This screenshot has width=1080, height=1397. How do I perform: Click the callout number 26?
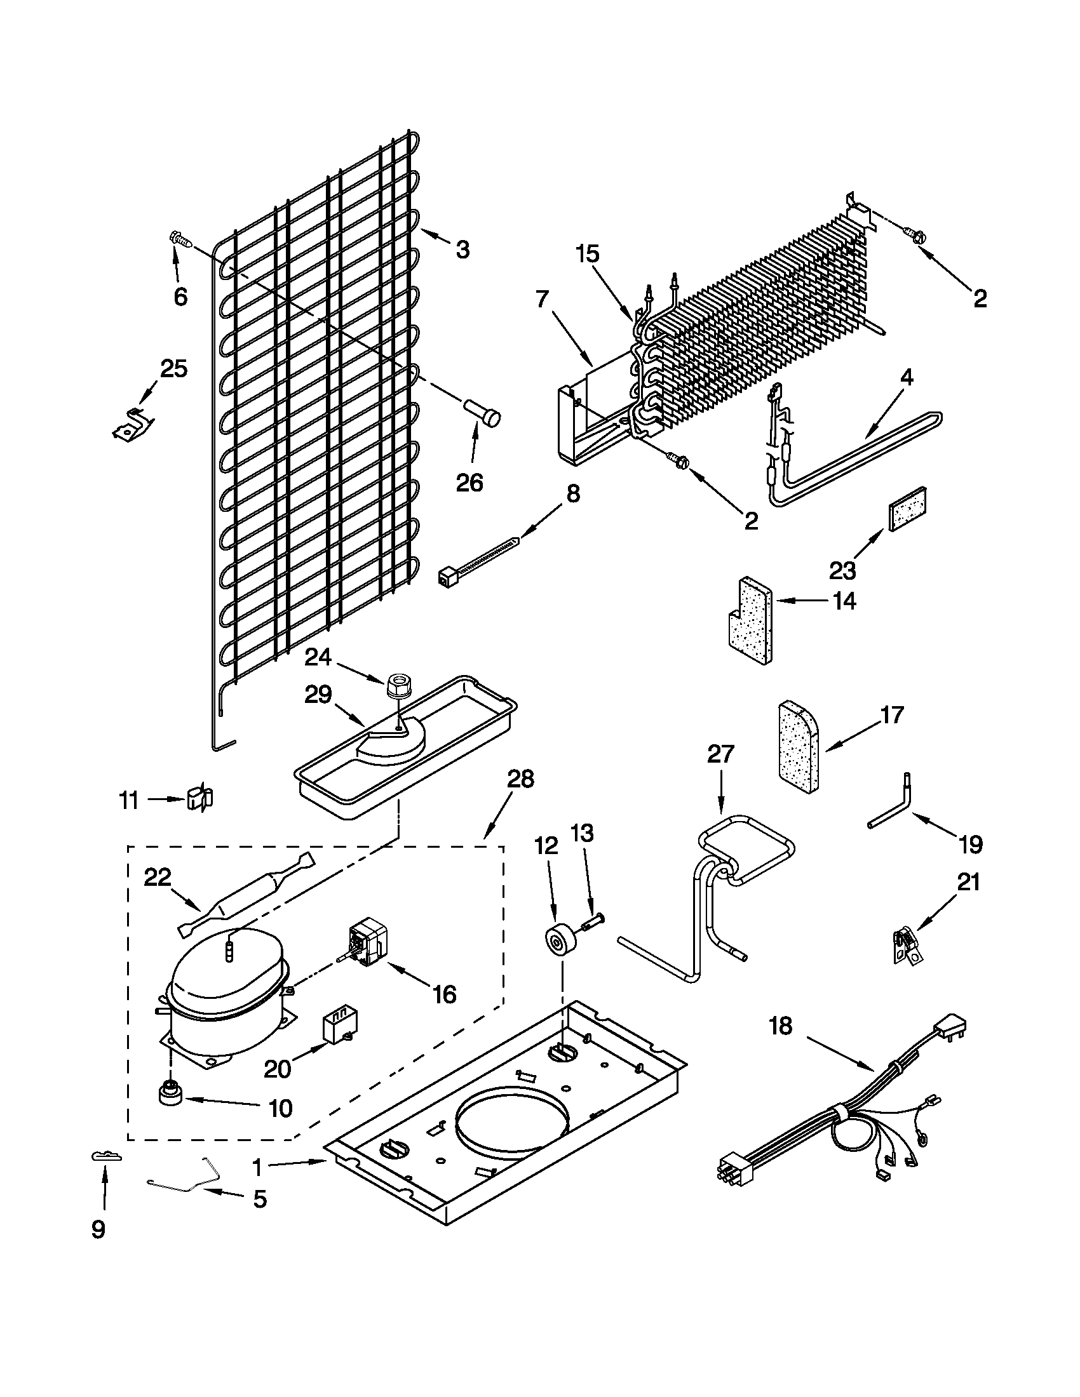(x=469, y=483)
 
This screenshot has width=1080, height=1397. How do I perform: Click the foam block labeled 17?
(x=798, y=747)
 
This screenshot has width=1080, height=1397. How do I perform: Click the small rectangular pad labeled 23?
(x=908, y=507)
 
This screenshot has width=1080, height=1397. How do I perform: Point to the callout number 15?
(x=588, y=254)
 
